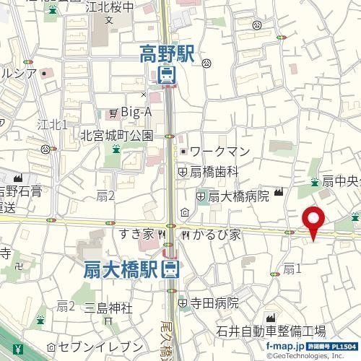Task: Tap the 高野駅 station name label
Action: click(167, 53)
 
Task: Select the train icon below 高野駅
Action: click(166, 75)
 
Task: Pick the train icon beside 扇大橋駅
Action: click(171, 270)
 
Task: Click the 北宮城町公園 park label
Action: click(116, 135)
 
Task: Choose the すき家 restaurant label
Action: click(136, 234)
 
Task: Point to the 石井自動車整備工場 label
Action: click(271, 331)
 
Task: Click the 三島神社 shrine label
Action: click(109, 308)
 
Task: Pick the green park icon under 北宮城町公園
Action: click(116, 149)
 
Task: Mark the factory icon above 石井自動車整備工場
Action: click(271, 318)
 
